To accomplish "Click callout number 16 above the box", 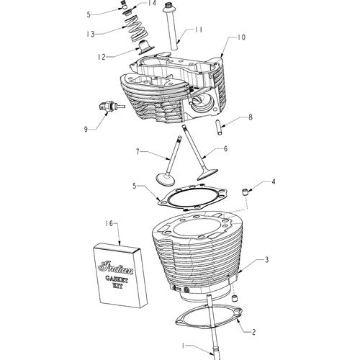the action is (109, 224).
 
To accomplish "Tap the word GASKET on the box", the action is (117, 279).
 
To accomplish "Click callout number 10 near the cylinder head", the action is (242, 37).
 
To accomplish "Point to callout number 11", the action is (199, 30).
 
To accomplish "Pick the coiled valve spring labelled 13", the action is (135, 28).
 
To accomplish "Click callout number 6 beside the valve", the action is (225, 149).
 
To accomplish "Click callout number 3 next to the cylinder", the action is (266, 260).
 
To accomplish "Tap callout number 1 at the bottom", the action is (183, 346).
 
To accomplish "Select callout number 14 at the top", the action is (151, 4).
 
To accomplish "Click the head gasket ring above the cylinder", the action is (193, 197).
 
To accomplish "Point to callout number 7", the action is (138, 152).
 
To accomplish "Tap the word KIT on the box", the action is (117, 286).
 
